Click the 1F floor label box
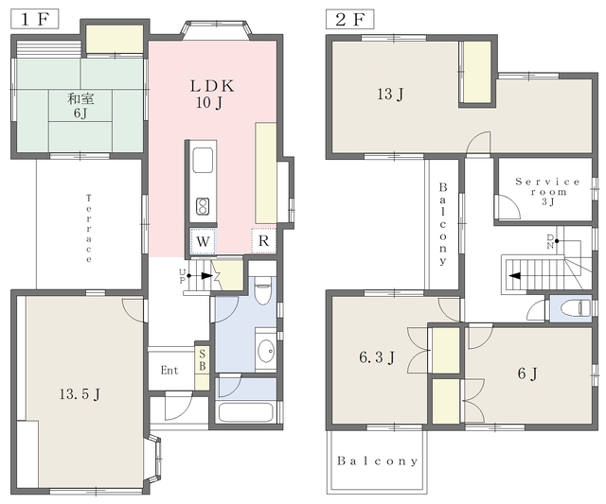tap(35, 19)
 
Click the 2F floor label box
tap(350, 19)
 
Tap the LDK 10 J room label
tap(212, 95)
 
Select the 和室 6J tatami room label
tap(80, 106)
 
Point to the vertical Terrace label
tap(89, 229)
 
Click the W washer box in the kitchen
tap(203, 241)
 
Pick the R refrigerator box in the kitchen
tap(263, 241)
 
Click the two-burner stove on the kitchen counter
tap(203, 206)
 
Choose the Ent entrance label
tap(169, 371)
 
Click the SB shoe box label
tap(202, 359)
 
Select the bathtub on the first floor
tap(246, 412)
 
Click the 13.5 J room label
tap(80, 394)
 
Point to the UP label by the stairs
tap(183, 276)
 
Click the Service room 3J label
tap(547, 191)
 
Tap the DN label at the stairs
tap(550, 241)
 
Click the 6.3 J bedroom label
tap(377, 357)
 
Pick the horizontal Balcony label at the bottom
tap(377, 461)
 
